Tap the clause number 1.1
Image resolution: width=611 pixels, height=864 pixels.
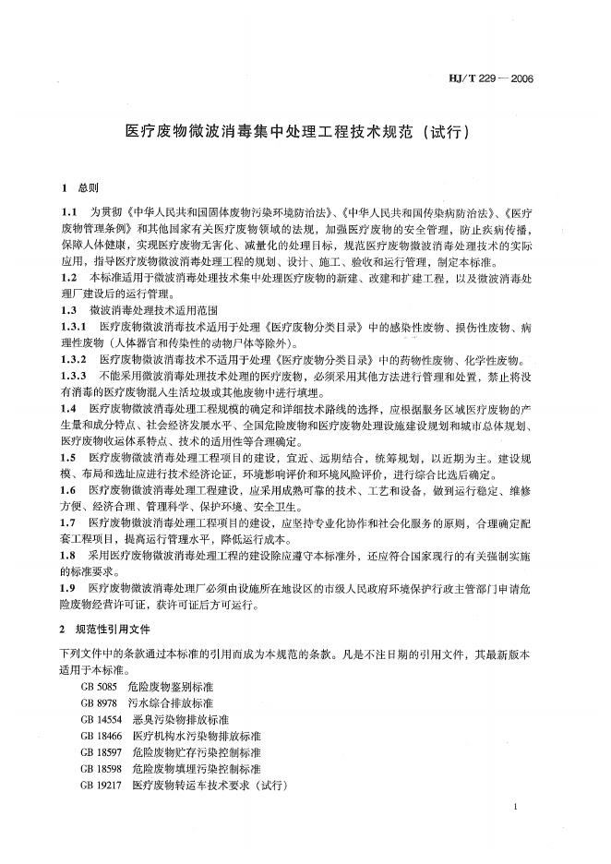pyautogui.click(x=68, y=211)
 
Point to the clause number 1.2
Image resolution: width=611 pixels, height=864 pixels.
pyautogui.click(x=68, y=277)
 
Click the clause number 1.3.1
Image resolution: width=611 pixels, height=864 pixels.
pyautogui.click(x=74, y=327)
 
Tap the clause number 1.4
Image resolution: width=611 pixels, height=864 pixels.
pyautogui.click(x=68, y=408)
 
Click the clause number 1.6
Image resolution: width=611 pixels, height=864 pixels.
pyautogui.click(x=68, y=489)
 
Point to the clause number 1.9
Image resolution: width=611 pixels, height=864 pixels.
pyautogui.click(x=68, y=587)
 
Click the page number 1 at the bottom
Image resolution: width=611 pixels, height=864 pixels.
pyautogui.click(x=514, y=808)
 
